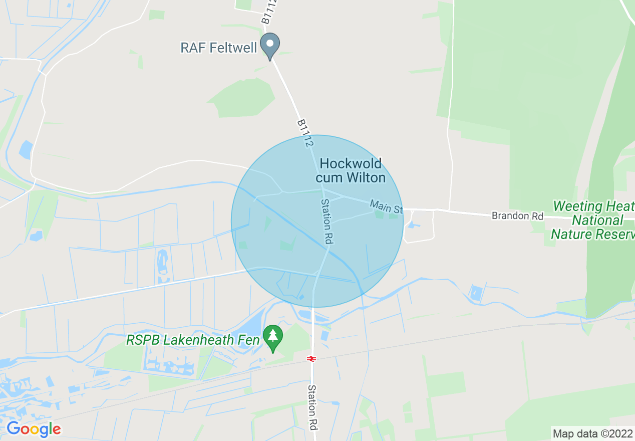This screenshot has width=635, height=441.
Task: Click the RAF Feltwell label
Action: point(218,48)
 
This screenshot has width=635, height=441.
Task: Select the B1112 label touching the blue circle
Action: point(305,133)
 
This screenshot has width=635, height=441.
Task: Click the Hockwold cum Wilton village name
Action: point(351,170)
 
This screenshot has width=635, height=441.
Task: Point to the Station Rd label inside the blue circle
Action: point(327,221)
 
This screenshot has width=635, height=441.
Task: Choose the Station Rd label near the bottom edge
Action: point(312,407)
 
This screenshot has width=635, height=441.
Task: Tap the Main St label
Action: point(386,206)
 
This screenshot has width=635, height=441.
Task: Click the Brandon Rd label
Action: point(517,216)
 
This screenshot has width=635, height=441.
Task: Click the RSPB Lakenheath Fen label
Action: point(193,340)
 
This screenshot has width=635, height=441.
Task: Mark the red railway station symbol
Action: point(311,359)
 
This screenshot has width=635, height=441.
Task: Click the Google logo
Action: point(34,429)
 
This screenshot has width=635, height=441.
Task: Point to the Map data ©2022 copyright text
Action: point(592,433)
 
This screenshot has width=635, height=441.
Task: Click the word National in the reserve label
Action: point(597,220)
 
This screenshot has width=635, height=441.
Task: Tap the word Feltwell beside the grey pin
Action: point(233,48)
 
